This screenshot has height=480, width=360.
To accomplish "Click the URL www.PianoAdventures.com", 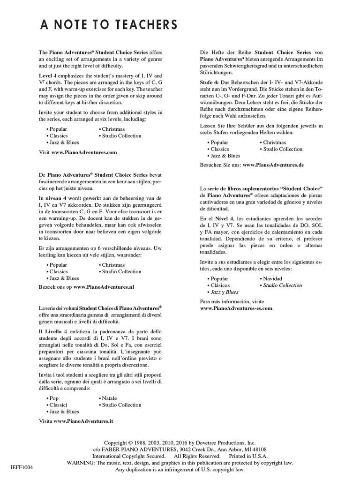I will coord(84,152).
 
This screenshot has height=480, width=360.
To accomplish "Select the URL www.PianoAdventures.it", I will coord(83,421).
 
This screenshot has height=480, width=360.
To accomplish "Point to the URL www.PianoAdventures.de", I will coord(273,165).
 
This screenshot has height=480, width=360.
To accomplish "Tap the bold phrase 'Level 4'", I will coord(48,75).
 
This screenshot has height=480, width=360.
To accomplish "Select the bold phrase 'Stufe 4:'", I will coord(209,82).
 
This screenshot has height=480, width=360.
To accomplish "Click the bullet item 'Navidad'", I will coord(273,278).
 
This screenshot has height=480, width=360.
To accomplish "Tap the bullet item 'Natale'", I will coord(109,398).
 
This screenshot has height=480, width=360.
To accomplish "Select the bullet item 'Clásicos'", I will coord(220,285).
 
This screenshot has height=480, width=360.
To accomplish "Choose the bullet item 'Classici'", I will coord(59,405).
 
